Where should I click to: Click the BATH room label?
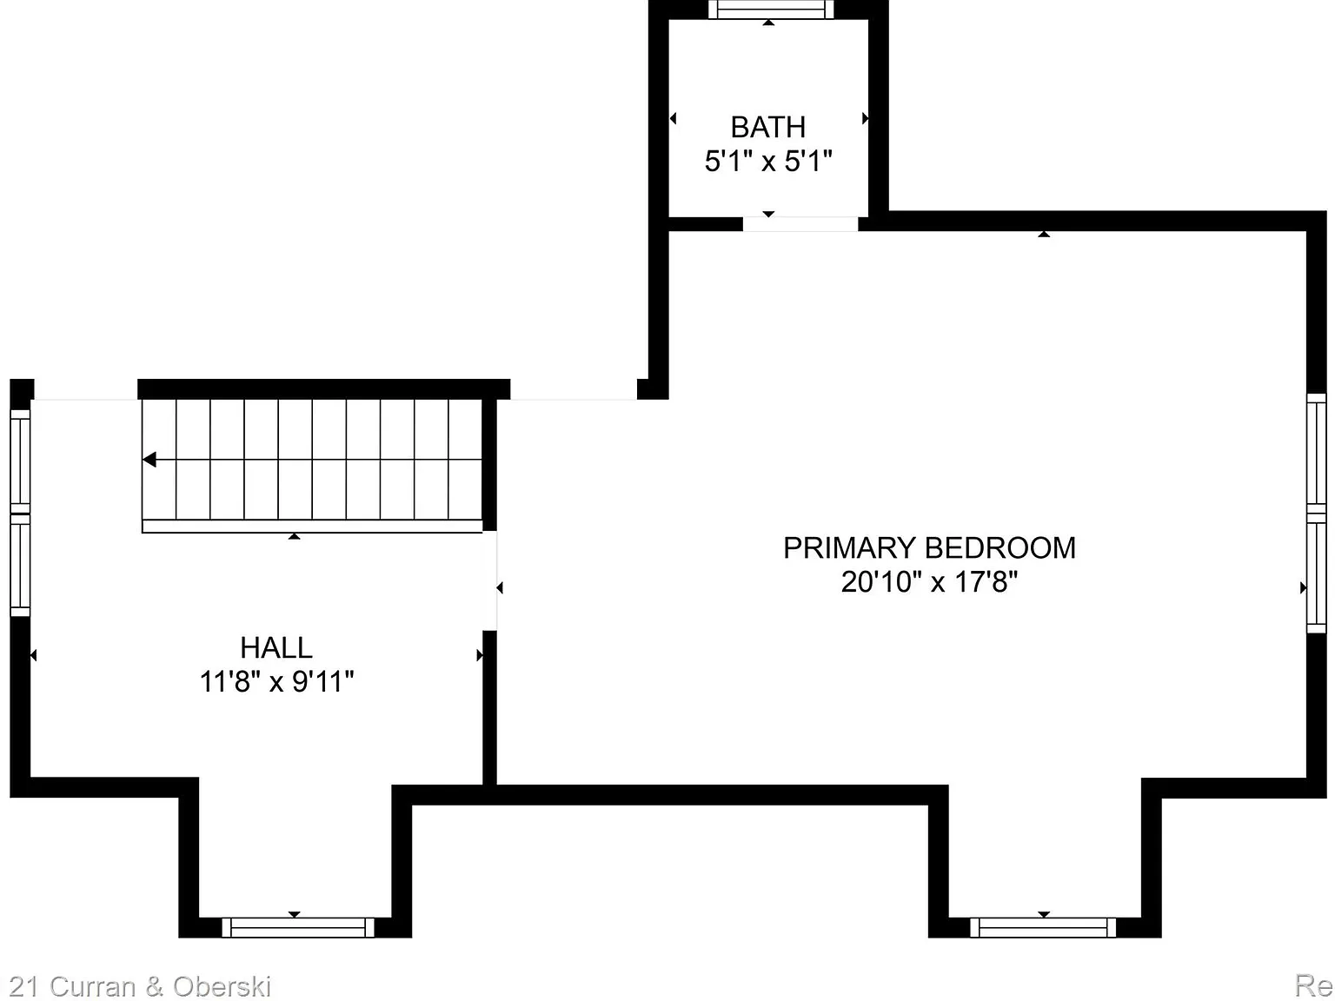coord(767,128)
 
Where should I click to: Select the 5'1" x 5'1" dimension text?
coord(767,162)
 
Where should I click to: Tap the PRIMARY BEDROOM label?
coord(929,548)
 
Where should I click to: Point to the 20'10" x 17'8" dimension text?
coord(929,581)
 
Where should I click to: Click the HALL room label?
coord(276,648)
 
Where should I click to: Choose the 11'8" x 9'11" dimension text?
coord(276,682)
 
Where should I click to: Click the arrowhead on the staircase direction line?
coord(149,460)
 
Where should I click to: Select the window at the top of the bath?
coord(768,10)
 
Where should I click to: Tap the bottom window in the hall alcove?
coord(297,927)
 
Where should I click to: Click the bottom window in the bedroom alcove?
coord(1043,927)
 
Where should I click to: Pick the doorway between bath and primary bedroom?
coord(800,224)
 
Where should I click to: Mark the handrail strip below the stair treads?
coord(312,527)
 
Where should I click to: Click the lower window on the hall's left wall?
coord(20,565)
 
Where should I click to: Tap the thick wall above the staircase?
coord(323,388)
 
